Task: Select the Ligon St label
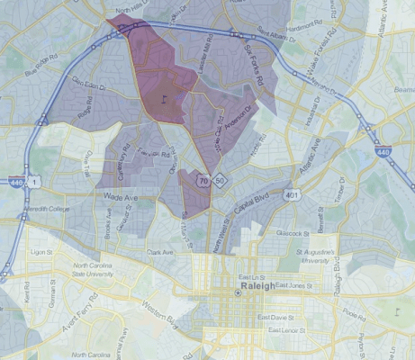pyautogui.click(x=42, y=253)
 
